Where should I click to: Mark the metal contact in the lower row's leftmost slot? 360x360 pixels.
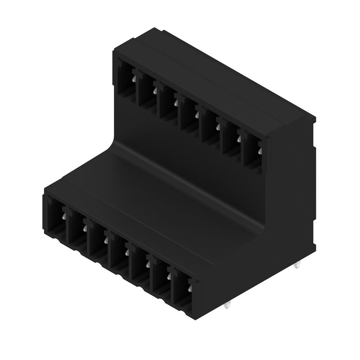click(63, 220)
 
